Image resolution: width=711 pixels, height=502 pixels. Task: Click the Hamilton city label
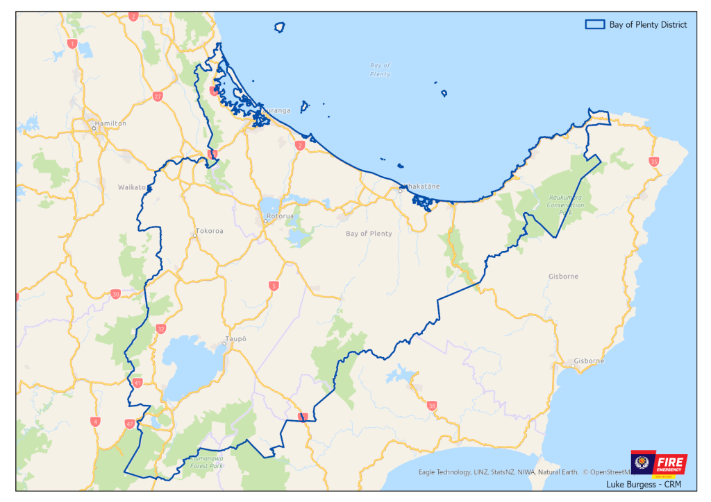tap(111, 123)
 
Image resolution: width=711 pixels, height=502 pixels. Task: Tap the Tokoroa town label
tap(209, 231)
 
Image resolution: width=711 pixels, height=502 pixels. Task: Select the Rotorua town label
tap(281, 216)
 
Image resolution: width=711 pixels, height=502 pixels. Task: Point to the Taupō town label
tap(235, 339)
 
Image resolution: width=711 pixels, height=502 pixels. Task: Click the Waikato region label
tap(132, 187)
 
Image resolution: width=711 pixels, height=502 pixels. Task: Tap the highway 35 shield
tap(653, 162)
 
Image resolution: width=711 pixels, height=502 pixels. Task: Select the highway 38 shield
tap(432, 406)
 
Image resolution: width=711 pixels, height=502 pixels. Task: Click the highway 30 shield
tap(115, 294)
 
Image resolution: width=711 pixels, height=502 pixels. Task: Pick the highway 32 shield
tap(161, 329)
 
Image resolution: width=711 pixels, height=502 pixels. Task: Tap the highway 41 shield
tap(137, 383)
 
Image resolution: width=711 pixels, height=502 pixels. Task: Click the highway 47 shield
tap(130, 423)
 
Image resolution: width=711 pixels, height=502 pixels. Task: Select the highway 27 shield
tap(158, 96)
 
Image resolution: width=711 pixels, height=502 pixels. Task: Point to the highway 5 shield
tap(274, 285)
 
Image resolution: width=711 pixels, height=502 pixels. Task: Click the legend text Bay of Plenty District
tap(648, 24)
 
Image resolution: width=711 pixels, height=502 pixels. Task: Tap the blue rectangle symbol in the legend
tap(594, 24)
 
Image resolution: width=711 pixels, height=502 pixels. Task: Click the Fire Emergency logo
tap(658, 463)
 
